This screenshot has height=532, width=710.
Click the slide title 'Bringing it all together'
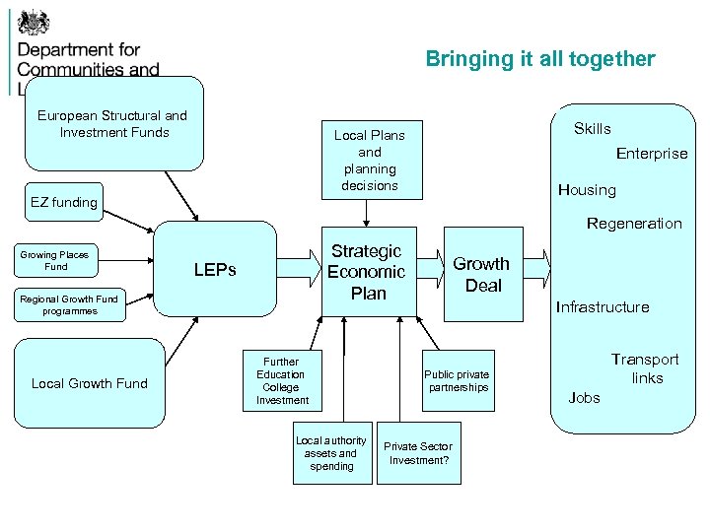(539, 59)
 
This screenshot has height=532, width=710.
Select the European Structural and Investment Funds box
(113, 124)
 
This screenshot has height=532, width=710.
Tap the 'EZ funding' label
(64, 202)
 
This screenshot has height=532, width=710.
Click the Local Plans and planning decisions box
(369, 160)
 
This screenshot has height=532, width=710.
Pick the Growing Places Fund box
(56, 260)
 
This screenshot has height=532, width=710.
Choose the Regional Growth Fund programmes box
(69, 304)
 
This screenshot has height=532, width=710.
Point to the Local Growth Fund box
(89, 383)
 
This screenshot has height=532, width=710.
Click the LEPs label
(215, 269)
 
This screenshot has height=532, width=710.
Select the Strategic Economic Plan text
(367, 272)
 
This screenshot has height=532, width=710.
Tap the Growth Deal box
(481, 275)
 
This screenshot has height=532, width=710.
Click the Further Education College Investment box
(281, 380)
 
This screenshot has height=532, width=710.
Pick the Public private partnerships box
(457, 380)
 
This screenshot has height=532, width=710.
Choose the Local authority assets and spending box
(331, 453)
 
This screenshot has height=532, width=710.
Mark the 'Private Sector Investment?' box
(419, 453)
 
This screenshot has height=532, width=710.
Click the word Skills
(593, 129)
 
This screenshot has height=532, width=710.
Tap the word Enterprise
(652, 154)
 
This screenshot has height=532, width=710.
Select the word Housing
(587, 190)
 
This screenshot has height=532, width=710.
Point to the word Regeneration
(634, 224)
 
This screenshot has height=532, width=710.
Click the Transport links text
(646, 368)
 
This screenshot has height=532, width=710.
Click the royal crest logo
(34, 21)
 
